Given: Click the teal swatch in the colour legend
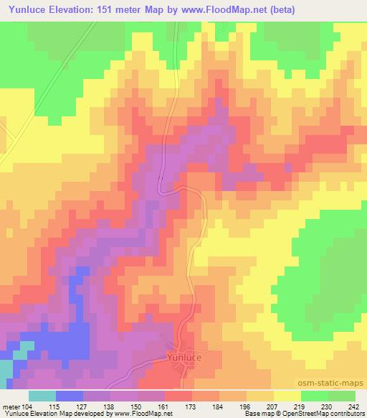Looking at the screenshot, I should tap(42, 396).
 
